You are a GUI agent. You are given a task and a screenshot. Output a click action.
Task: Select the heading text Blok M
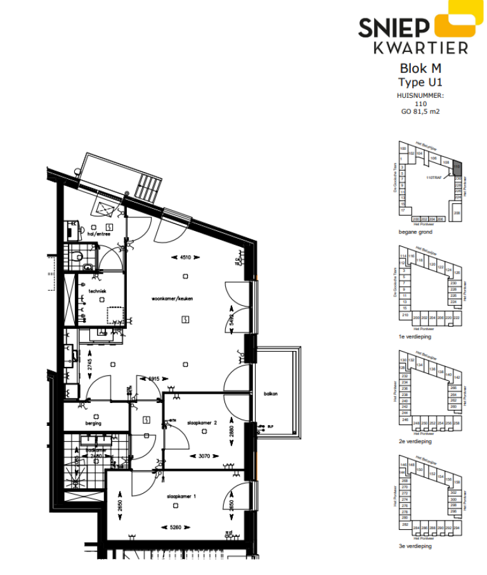pos(420,69)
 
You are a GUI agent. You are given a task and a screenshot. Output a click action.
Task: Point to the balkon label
pos(271,393)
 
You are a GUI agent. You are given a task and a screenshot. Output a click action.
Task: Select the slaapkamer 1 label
pos(181,496)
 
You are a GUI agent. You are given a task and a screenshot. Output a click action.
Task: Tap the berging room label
pos(94,423)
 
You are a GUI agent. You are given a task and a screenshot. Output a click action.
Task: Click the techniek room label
pos(97,291)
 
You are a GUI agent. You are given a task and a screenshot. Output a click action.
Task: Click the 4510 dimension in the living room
pos(184,258)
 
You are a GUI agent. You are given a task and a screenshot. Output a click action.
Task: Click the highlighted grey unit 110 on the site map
pos(457,168)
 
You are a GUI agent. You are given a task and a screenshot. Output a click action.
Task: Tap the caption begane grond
pos(415,232)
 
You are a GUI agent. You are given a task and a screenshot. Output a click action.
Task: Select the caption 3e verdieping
pos(415,546)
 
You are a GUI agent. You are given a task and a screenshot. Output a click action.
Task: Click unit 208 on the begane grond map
pos(457,213)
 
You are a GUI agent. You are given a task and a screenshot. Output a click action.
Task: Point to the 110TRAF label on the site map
pos(434,178)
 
